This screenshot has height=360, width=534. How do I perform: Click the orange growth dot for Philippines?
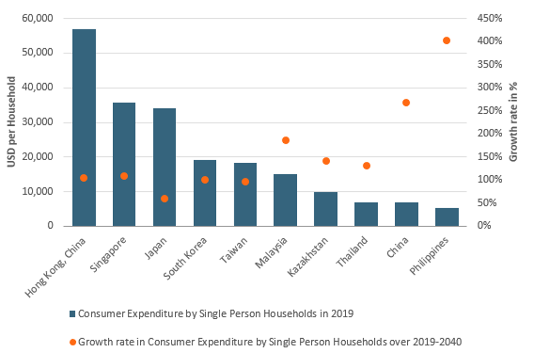tap(446, 41)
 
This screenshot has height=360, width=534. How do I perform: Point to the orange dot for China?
tap(406, 103)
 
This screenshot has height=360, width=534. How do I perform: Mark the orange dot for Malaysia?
tap(285, 140)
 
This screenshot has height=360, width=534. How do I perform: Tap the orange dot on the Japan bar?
tap(165, 199)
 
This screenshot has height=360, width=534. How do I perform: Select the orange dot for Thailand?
tap(367, 166)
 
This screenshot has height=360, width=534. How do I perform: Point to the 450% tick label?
tap(490, 18)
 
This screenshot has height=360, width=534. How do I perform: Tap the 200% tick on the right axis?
tap(490, 133)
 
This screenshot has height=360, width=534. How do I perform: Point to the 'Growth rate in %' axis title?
tap(513, 122)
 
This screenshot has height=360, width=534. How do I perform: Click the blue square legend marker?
tap(72, 314)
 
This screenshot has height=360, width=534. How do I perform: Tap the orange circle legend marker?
tap(72, 342)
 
